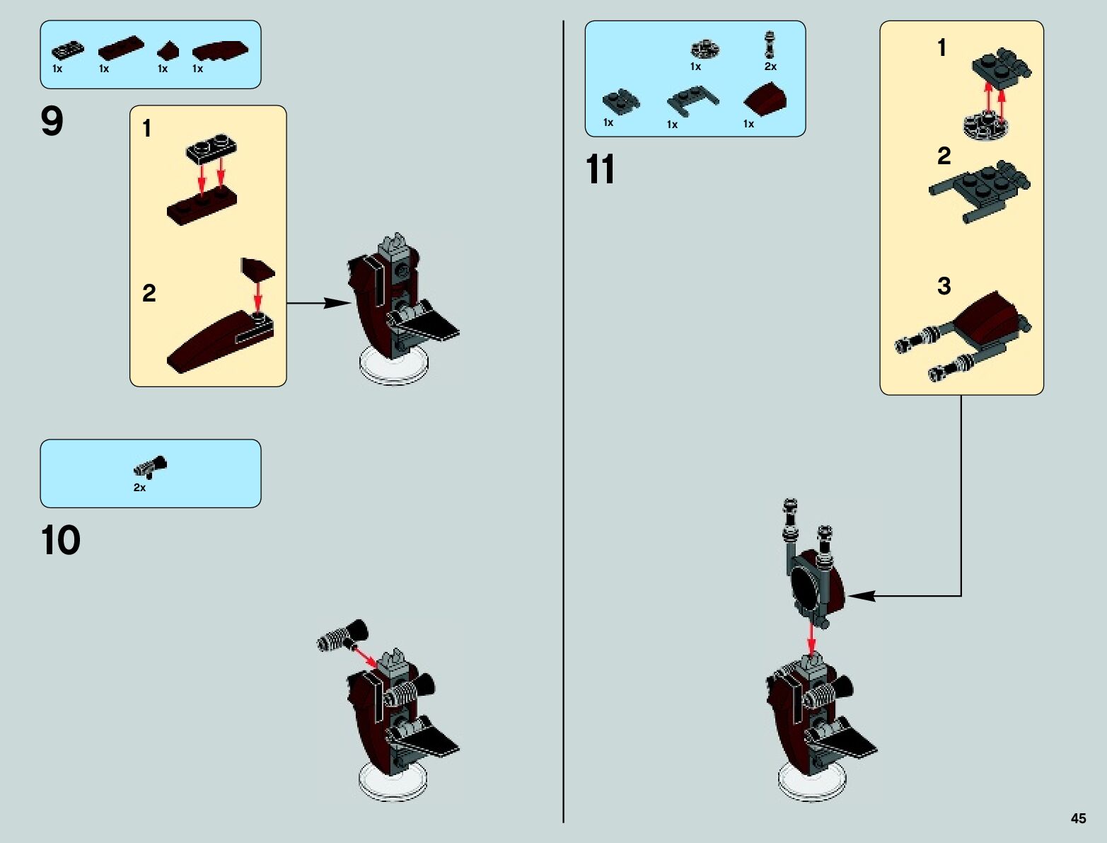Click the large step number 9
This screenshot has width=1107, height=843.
coord(52,121)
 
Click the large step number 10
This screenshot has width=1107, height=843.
coord(61,540)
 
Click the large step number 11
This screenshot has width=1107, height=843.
coord(600,169)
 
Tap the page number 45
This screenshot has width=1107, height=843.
coord(1078,818)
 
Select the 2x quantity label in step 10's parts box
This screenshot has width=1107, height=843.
coord(139,488)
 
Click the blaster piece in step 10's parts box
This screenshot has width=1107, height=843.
coord(150,466)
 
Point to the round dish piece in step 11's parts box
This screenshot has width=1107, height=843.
coord(705,50)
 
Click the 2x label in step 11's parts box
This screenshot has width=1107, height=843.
coord(770,66)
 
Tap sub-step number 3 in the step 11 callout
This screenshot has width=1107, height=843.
coord(944,285)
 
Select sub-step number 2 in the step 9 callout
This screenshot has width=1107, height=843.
coord(149,293)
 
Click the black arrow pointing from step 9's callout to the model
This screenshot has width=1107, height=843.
coord(319,303)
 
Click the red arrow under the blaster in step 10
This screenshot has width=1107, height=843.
coord(365,658)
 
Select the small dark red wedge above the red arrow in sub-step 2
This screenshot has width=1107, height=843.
coord(257,268)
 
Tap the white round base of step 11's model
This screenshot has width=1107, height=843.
coord(812,781)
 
